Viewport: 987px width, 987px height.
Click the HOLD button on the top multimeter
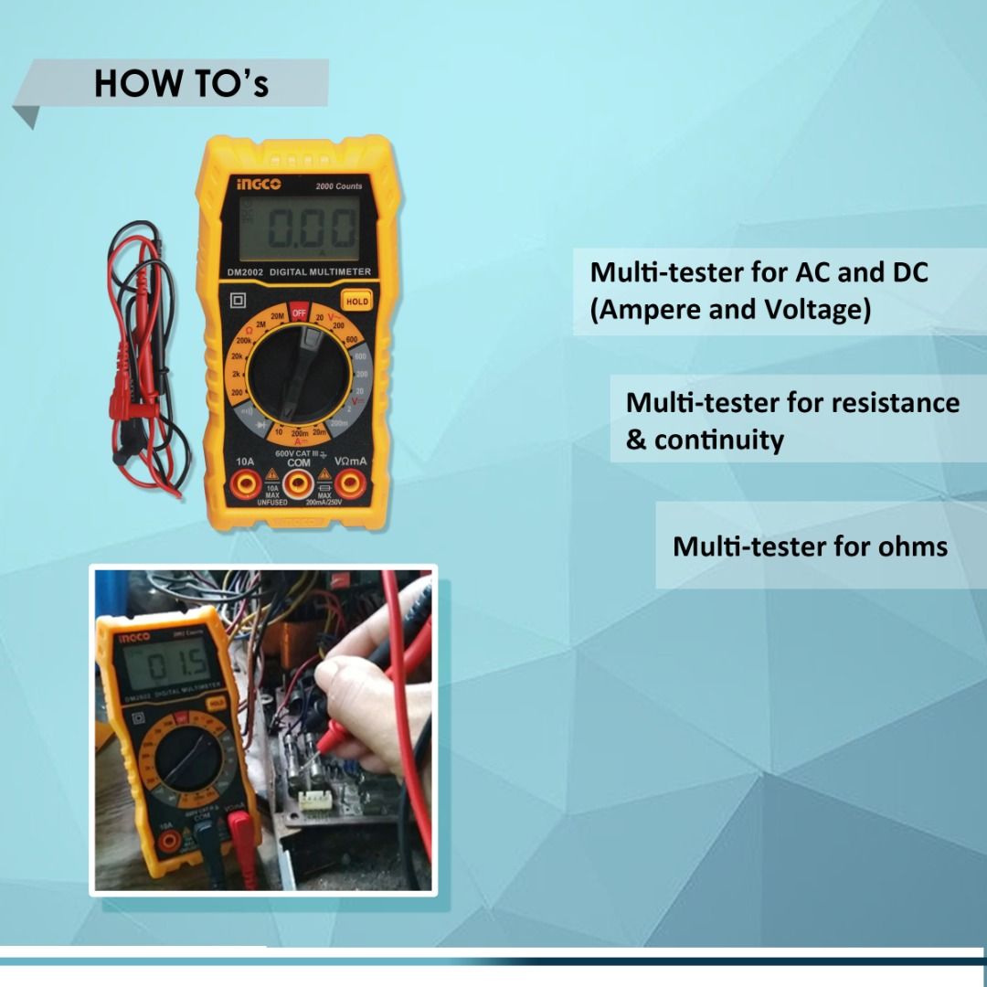pos(356,301)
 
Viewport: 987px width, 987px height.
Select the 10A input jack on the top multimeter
pos(244,484)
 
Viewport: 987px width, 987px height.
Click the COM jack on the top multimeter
pos(299,484)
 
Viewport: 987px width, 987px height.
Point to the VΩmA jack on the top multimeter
pos(351,484)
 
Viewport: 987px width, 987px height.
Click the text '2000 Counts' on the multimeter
pos(339,186)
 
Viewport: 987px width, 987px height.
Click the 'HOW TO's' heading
pos(181,83)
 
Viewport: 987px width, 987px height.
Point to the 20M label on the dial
pos(277,316)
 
